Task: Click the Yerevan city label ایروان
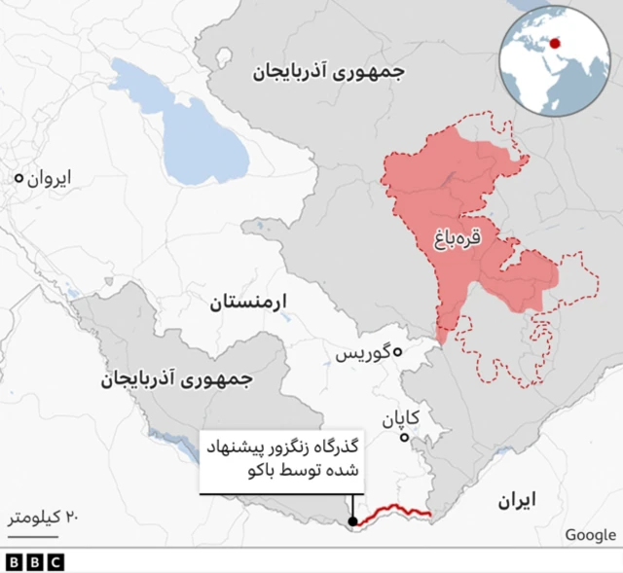point(49,179)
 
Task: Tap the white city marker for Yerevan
point(18,179)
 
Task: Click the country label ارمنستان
point(249,303)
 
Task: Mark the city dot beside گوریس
point(397,353)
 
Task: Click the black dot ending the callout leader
point(352,522)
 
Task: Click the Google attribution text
point(590,534)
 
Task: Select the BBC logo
point(34,562)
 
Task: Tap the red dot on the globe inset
point(555,43)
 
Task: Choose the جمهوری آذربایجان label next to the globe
point(330,71)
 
